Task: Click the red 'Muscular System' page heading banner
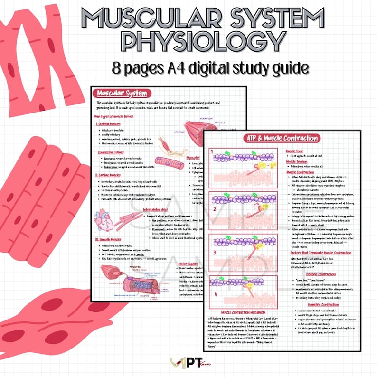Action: (x=122, y=94)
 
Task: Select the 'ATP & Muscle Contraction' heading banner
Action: (x=282, y=138)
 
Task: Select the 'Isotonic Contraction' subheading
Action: (x=320, y=273)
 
